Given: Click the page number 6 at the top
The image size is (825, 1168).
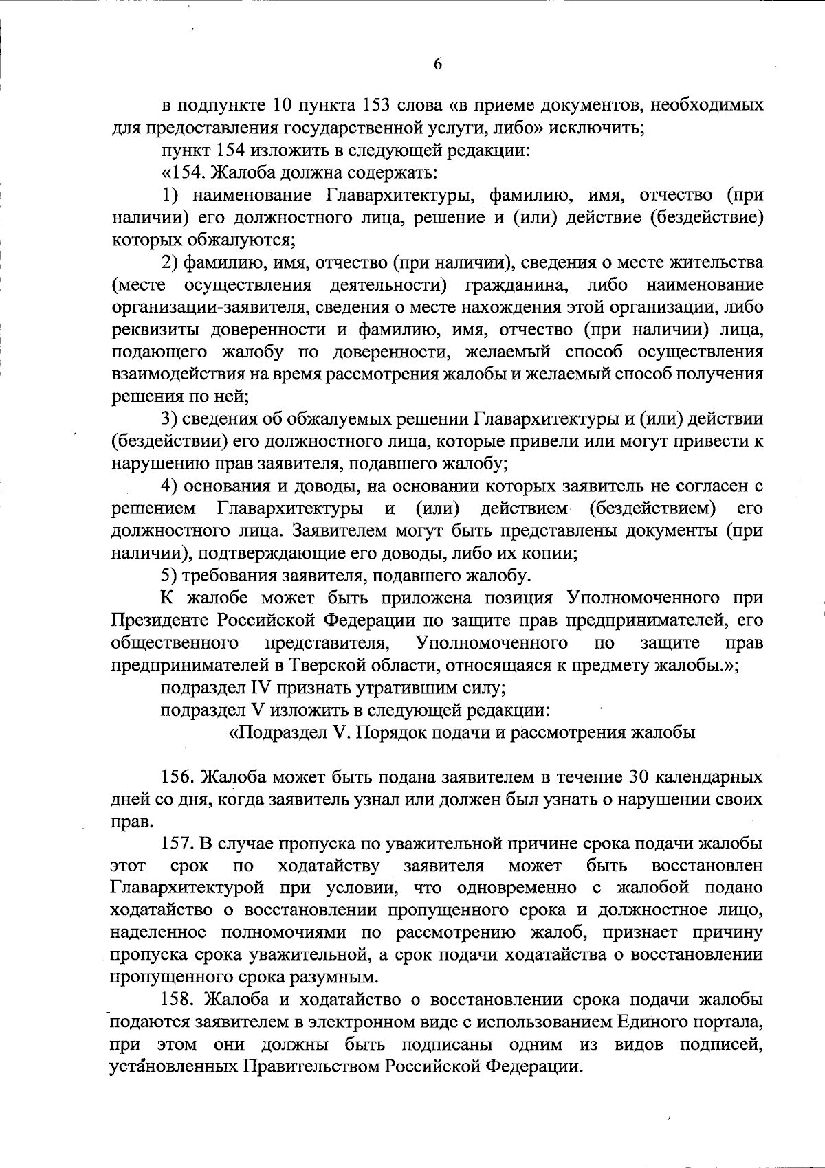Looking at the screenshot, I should [x=437, y=64].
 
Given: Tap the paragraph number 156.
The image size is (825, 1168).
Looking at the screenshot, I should [x=180, y=777].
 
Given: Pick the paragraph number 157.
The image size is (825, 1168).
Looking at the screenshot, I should [x=180, y=844].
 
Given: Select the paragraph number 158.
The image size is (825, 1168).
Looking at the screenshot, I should [x=180, y=1000].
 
